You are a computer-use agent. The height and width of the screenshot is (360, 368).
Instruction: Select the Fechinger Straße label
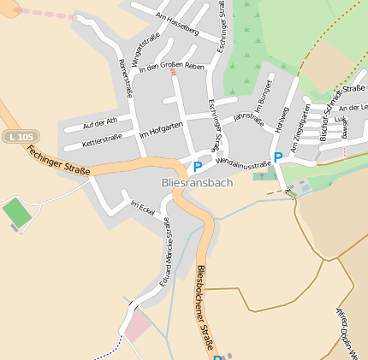(x=58, y=161)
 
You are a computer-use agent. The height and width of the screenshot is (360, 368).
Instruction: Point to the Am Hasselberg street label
(x=177, y=23)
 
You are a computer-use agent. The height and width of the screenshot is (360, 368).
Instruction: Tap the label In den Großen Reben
(x=171, y=67)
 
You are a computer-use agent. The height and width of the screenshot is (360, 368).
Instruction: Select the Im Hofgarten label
(x=161, y=130)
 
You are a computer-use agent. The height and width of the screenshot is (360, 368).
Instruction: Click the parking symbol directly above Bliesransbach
(x=198, y=167)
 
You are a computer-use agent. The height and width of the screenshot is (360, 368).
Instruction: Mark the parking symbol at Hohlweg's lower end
(x=277, y=157)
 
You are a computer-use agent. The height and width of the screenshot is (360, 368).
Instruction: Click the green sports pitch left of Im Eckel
(x=16, y=213)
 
